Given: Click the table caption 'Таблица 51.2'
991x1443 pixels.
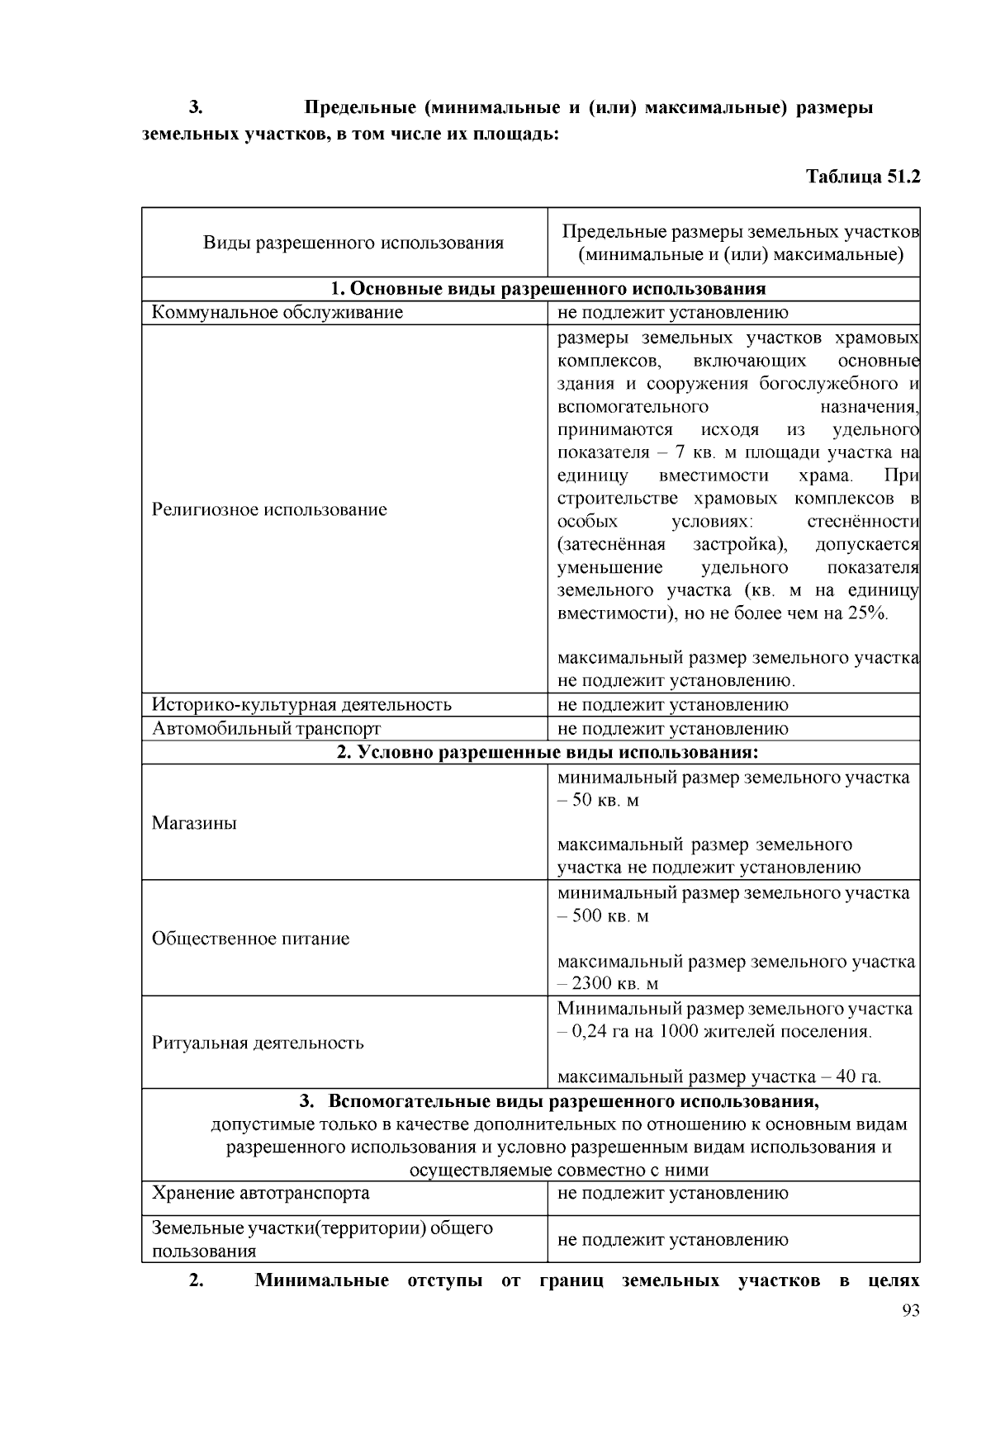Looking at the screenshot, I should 862,177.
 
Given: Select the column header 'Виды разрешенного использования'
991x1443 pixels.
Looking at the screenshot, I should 353,243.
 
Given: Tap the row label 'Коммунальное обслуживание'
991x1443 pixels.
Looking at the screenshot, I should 277,313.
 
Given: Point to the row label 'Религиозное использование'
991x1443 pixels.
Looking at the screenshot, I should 269,509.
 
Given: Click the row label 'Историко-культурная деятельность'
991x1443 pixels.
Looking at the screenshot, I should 301,705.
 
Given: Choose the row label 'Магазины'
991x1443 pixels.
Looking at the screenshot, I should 194,823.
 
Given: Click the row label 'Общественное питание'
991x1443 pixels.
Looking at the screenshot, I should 250,939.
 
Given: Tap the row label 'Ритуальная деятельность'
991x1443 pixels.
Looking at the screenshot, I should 258,1043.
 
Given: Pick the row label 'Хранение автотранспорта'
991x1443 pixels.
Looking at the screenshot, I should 261,1193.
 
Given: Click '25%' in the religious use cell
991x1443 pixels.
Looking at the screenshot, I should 866,613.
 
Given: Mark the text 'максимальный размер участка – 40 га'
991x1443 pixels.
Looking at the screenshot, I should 718,1077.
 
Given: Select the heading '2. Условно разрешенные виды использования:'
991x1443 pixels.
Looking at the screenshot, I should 548,753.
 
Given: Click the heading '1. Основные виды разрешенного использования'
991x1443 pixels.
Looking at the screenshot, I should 548,289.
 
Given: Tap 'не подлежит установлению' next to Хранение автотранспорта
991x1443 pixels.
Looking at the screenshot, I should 672,1193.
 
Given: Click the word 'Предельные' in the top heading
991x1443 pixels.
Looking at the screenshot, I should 360,108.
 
